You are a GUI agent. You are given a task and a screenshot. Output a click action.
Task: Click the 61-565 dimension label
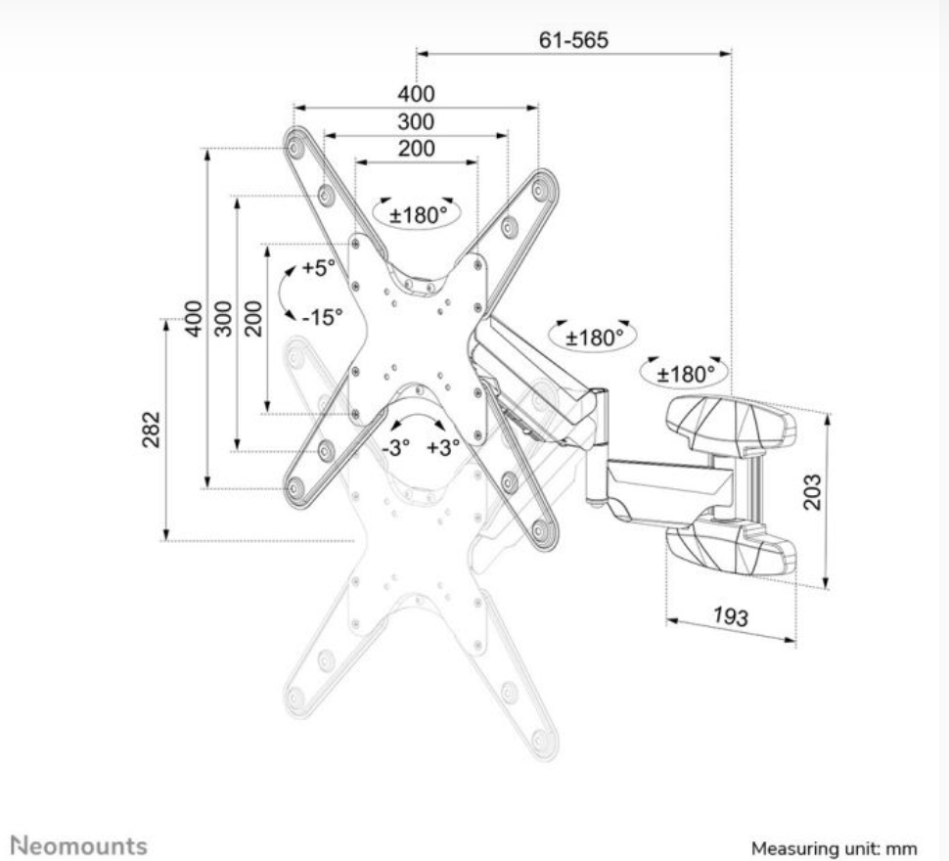pos(573,40)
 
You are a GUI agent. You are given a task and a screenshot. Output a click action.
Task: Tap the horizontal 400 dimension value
pos(416,94)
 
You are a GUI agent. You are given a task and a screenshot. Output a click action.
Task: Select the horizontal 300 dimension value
pos(416,121)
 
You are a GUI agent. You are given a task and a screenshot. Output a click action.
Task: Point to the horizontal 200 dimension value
pos(416,149)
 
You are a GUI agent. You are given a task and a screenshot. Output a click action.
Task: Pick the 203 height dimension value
pos(812,492)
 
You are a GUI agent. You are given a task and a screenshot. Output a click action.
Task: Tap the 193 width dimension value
pos(731,616)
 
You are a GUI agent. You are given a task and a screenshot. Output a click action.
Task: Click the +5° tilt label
pos(318,267)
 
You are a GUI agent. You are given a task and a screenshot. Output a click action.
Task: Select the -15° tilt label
pos(322,316)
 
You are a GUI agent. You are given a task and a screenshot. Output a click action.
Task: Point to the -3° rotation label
pos(396,448)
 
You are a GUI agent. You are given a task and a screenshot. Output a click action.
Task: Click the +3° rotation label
pos(443,448)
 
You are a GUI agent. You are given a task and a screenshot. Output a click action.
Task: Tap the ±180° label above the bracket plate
pos(418,215)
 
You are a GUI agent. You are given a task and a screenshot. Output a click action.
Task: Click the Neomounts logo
pos(79,845)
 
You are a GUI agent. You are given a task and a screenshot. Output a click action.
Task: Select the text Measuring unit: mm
pos(834,848)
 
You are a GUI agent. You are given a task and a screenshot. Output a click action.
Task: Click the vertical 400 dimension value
pos(193,318)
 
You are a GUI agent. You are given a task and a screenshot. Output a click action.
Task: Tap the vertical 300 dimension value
pos(223,318)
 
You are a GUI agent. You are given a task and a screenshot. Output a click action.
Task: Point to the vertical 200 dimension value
pos(253,318)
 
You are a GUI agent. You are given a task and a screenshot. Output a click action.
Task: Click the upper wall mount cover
pos(731,423)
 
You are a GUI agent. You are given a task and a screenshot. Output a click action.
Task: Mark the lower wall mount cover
pos(731,549)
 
